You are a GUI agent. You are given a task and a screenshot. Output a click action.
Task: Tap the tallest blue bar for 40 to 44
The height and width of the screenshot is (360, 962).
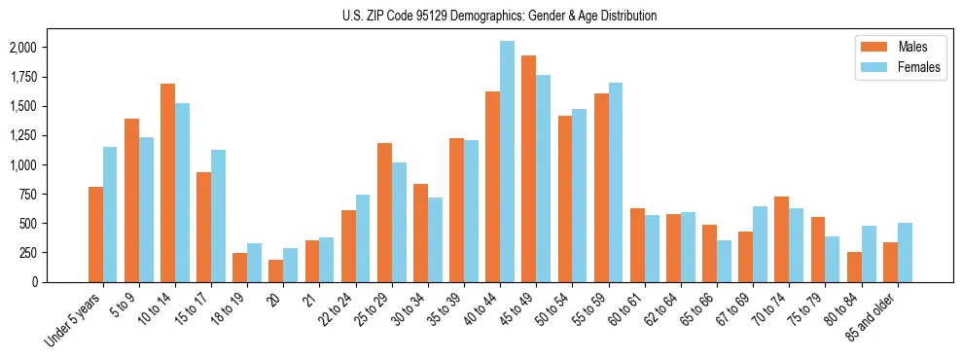(507, 162)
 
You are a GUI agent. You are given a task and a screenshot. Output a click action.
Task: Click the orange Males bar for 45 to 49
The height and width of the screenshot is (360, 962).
(528, 168)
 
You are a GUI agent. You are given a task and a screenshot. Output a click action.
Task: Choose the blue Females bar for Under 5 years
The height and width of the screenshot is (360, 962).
(110, 214)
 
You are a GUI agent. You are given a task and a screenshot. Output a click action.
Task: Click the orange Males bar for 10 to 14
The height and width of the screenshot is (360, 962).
(167, 183)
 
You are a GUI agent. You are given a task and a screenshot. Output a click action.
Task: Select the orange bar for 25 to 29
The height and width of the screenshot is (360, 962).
(384, 212)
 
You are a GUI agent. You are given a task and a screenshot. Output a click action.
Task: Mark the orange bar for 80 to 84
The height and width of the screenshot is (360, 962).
(854, 267)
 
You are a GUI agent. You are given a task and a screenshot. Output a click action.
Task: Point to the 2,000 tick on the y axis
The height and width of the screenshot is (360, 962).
(22, 48)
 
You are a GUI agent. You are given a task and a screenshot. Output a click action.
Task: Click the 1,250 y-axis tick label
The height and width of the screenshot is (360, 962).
(22, 135)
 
